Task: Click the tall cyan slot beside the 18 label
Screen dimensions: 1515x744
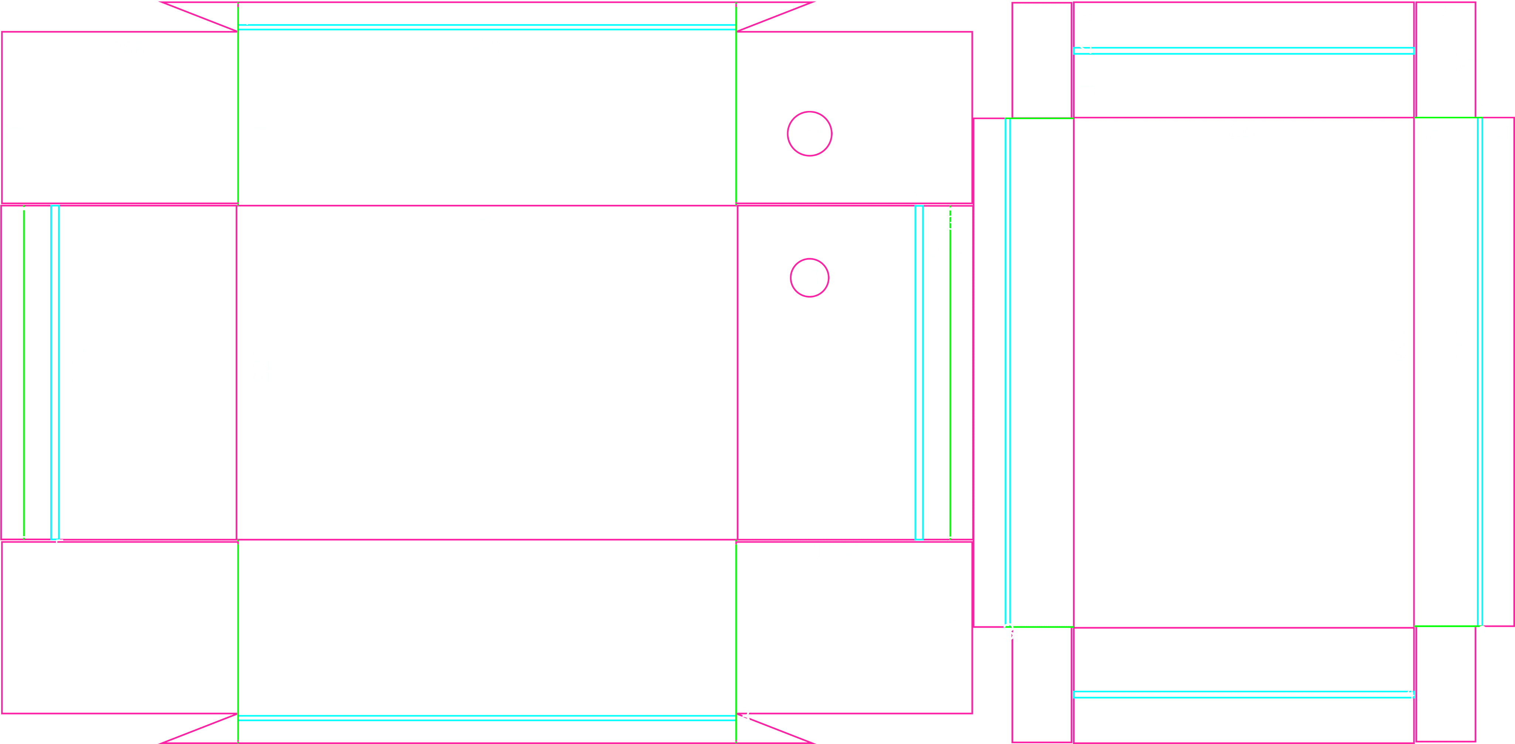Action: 919,372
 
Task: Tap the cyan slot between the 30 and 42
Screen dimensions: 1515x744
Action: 1243,51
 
